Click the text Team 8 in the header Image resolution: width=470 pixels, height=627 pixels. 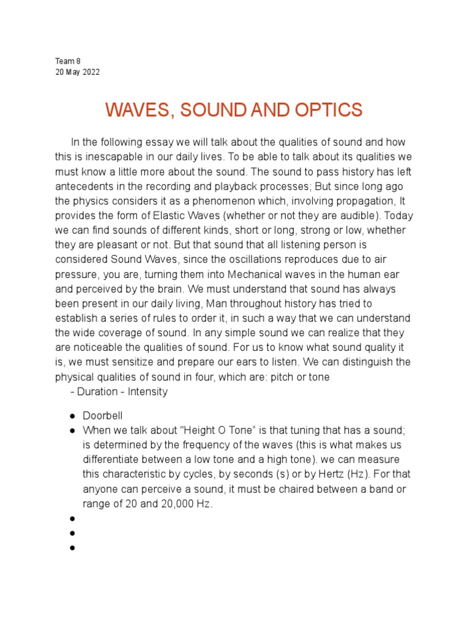[x=67, y=61]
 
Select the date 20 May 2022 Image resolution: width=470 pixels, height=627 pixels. [x=77, y=72]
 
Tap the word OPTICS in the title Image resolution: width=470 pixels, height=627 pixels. [x=330, y=111]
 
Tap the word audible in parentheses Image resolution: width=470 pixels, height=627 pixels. [x=352, y=216]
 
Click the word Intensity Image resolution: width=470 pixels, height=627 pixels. [x=147, y=392]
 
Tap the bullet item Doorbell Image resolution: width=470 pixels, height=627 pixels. [x=103, y=416]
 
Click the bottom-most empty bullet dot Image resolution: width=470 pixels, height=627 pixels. [x=72, y=547]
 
